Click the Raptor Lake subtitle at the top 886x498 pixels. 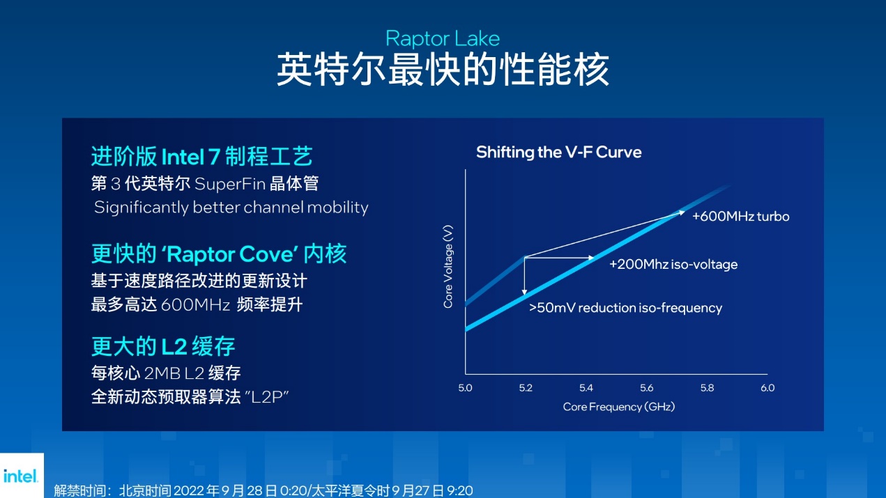pos(443,39)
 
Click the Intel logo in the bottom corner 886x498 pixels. pos(21,476)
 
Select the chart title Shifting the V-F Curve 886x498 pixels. pos(558,153)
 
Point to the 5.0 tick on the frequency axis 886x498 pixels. pos(465,388)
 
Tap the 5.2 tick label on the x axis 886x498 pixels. pos(526,388)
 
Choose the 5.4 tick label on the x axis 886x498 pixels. pos(586,388)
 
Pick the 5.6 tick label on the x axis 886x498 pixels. pos(647,388)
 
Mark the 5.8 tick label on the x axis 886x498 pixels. pos(708,388)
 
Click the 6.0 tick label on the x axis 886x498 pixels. pos(767,388)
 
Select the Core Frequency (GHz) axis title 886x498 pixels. pos(618,407)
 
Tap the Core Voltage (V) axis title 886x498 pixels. pos(448,266)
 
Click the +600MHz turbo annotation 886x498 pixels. pos(741,217)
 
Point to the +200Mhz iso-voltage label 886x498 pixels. pos(673,264)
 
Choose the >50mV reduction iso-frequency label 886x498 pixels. pos(625,307)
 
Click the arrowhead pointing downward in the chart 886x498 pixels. pos(524,292)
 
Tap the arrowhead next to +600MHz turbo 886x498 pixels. pos(681,213)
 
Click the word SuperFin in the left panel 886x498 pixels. pos(230,184)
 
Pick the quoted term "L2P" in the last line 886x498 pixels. pos(267,396)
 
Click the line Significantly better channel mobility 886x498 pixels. pos(231,208)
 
